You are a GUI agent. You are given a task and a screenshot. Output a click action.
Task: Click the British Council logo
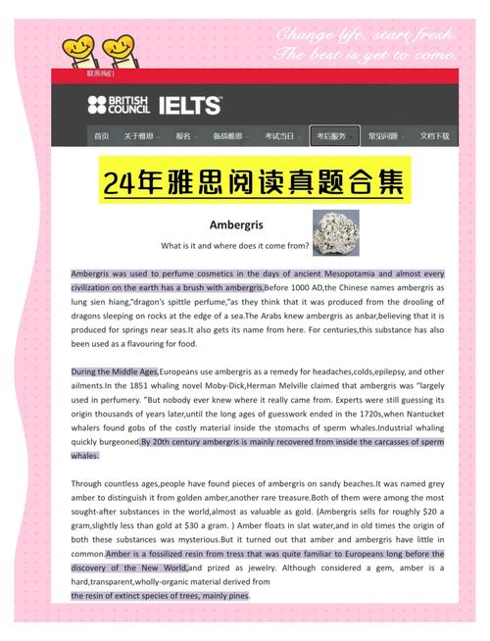(116, 104)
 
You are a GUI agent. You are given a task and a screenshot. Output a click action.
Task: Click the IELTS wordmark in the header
(186, 105)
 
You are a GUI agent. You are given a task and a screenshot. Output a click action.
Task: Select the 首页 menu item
(102, 136)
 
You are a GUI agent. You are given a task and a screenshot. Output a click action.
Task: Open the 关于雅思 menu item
(138, 136)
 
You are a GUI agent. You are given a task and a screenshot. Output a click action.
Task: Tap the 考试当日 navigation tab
(279, 136)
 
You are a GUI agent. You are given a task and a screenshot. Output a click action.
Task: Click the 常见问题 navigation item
(382, 136)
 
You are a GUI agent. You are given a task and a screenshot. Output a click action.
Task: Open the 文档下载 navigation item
(434, 136)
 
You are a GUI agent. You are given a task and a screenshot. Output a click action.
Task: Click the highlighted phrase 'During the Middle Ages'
(114, 371)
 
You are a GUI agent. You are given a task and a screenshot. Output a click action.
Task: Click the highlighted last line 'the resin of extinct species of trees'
(160, 595)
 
